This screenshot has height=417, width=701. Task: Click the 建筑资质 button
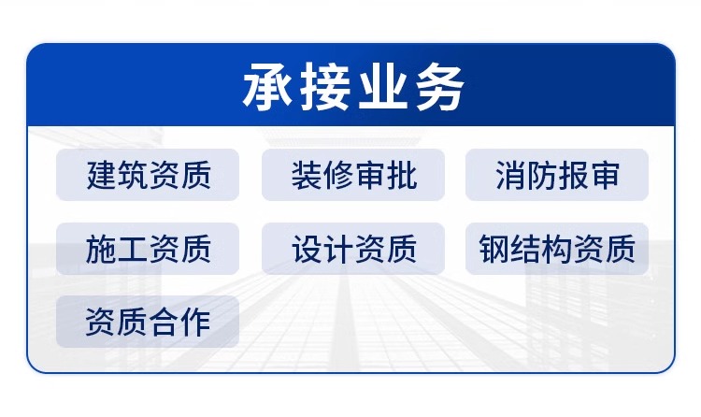(x=148, y=175)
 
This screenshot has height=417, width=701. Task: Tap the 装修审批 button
(x=353, y=175)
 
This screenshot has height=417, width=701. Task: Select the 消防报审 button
(x=557, y=175)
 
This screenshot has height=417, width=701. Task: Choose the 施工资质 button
(x=148, y=249)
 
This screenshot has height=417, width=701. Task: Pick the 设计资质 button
(x=353, y=249)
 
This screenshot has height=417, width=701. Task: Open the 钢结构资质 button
(x=557, y=249)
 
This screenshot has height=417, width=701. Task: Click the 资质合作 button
(x=148, y=322)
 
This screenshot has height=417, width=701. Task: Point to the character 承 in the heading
(x=268, y=86)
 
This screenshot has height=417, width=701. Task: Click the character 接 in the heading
(x=325, y=86)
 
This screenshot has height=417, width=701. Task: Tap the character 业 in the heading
(x=382, y=86)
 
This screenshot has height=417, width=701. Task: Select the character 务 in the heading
(x=439, y=86)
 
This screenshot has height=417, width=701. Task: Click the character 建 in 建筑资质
(x=102, y=175)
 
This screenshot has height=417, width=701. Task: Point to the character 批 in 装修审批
(x=401, y=175)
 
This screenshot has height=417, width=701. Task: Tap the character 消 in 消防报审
(x=511, y=175)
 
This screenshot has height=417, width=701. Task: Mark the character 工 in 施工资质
(x=133, y=249)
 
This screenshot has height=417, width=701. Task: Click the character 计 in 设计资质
(x=338, y=249)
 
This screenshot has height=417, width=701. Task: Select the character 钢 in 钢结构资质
(x=494, y=249)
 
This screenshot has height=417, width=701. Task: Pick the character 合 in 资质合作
(x=164, y=322)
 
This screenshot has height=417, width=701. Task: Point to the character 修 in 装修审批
(x=338, y=175)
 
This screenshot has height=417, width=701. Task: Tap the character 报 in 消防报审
(x=573, y=175)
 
